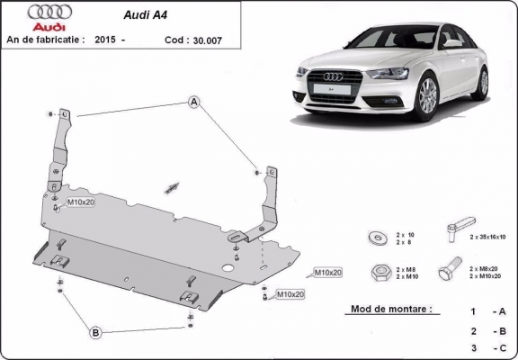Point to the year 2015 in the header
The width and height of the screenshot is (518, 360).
(106, 40)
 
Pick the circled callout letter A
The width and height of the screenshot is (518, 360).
(193, 103)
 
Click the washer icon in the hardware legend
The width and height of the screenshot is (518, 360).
(374, 238)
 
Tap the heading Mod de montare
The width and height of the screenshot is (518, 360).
(387, 309)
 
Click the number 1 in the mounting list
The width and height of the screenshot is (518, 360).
(472, 311)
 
